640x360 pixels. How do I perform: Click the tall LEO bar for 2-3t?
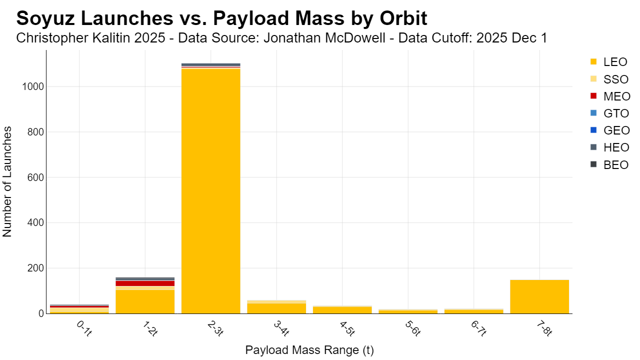[211, 191]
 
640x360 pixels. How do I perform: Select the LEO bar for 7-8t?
[539, 296]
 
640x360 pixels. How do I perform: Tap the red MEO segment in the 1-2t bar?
[145, 283]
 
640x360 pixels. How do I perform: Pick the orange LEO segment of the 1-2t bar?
[145, 301]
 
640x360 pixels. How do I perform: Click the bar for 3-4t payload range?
[276, 307]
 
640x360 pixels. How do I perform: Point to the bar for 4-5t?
[342, 309]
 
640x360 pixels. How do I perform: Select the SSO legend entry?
[609, 79]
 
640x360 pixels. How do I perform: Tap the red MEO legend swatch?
[593, 96]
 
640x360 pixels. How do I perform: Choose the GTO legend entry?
[609, 113]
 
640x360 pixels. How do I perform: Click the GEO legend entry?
[609, 130]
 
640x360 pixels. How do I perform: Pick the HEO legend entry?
[609, 147]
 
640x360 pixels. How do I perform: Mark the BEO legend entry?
[609, 165]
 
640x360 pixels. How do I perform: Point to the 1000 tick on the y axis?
[33, 86]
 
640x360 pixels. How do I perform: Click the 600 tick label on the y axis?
[35, 177]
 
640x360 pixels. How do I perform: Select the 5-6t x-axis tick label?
[413, 328]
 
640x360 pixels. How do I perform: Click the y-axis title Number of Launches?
[7, 181]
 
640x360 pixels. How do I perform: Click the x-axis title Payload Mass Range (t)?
[309, 350]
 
